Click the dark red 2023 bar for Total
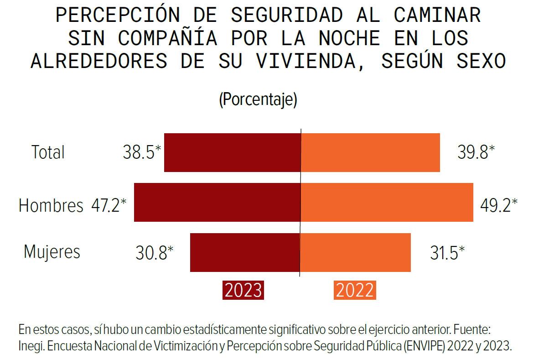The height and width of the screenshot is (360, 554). pyautogui.click(x=232, y=152)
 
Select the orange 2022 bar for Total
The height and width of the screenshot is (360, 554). pyautogui.click(x=370, y=152)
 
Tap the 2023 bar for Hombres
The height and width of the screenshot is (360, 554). pyautogui.click(x=217, y=202)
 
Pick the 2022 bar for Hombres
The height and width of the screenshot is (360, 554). pyautogui.click(x=387, y=202)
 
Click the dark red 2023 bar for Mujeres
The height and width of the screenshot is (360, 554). pyautogui.click(x=245, y=252)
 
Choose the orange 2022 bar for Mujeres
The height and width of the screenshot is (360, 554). pyautogui.click(x=356, y=252)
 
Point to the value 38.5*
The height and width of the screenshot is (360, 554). pyautogui.click(x=142, y=152)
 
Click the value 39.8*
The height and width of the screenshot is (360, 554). pyautogui.click(x=476, y=152)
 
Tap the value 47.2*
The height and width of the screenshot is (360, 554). pyautogui.click(x=109, y=206)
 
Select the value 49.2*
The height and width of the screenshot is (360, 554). pyautogui.click(x=499, y=206)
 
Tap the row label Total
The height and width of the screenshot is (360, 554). pyautogui.click(x=48, y=152)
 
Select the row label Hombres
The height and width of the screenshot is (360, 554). pyautogui.click(x=51, y=206)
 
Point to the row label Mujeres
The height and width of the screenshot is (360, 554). pyautogui.click(x=52, y=252)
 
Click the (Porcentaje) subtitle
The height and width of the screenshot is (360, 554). pyautogui.click(x=258, y=99)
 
